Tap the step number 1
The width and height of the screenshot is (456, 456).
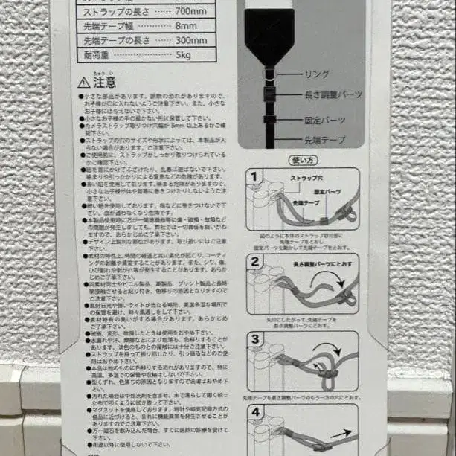pyautogui.click(x=254, y=177)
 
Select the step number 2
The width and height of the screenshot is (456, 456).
pyautogui.click(x=254, y=262)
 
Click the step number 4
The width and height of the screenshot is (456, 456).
pyautogui.click(x=254, y=413)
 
